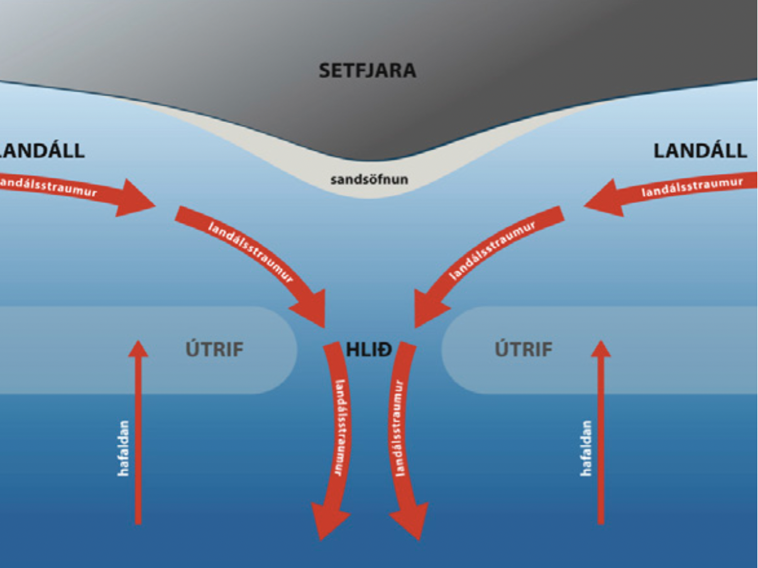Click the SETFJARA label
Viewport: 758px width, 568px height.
[367, 70]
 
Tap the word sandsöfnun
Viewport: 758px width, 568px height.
[369, 180]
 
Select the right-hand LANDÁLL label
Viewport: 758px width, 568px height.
[700, 151]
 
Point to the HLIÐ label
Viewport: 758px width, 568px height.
[369, 349]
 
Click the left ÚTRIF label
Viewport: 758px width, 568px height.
[214, 349]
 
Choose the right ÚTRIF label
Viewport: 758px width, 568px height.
[524, 349]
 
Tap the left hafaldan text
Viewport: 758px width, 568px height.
[123, 447]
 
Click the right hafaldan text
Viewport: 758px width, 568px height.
[586, 447]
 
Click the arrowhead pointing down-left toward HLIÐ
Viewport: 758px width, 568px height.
[428, 311]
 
